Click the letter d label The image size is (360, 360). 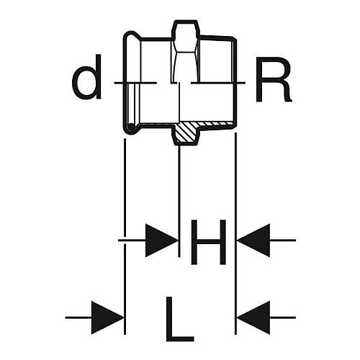(87, 77)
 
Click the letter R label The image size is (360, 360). (274, 79)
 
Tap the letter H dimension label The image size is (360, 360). (208, 242)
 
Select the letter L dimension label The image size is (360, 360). (180, 319)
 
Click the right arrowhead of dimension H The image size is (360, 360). (253, 240)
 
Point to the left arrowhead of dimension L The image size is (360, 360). (107, 318)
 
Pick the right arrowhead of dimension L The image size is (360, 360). (253, 318)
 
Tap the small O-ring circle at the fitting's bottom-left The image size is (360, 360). (131, 127)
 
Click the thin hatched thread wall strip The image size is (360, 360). (215, 123)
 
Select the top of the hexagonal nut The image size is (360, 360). (186, 22)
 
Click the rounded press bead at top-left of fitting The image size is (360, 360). (132, 35)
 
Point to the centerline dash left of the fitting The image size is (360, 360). (135, 83)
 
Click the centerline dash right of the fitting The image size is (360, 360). (218, 83)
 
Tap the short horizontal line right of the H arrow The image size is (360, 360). (283, 240)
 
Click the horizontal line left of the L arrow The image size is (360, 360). (78, 318)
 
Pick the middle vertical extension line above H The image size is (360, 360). (179, 201)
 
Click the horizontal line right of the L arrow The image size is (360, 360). (283, 318)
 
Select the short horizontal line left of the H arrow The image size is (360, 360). (132, 240)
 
